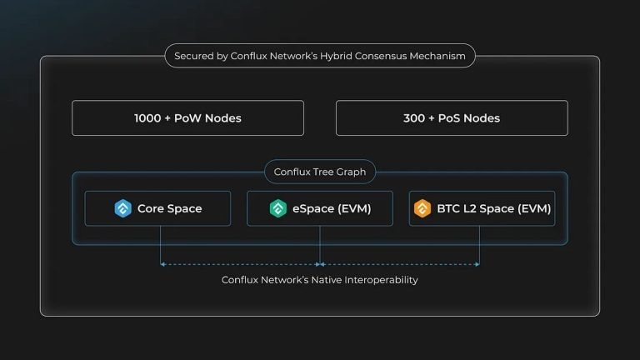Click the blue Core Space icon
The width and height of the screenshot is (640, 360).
pos(123,208)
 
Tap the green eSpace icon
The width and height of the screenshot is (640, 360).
pos(278,208)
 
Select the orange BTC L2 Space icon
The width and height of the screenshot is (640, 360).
pos(422,208)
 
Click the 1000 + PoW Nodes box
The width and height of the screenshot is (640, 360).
pos(187,118)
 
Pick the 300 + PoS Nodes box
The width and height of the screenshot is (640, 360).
pos(452,118)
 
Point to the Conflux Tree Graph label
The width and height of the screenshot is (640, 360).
pos(320,172)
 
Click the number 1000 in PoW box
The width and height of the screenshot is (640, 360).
pos(147,118)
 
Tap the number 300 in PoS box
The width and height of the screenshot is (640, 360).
pos(414,118)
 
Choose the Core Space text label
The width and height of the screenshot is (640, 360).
pos(169,208)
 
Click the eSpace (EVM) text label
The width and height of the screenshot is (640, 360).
pos(332,208)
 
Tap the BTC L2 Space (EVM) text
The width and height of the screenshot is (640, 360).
pos(493,208)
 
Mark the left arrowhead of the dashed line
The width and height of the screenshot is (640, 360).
pos(162,264)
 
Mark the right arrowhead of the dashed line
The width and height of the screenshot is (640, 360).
pos(477,264)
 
